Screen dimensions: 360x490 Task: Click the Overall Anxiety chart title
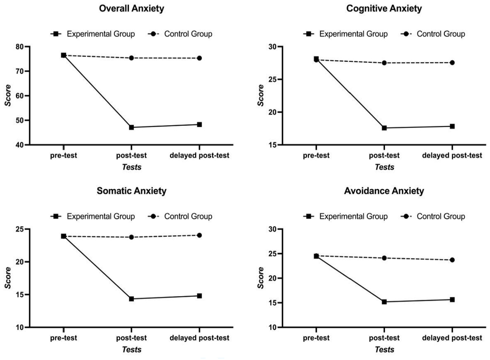point(131,8)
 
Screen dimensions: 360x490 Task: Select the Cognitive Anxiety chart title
point(384,8)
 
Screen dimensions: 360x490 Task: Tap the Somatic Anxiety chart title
point(131,191)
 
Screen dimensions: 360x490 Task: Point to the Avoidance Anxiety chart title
point(384,191)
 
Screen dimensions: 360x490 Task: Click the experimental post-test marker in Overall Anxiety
point(131,127)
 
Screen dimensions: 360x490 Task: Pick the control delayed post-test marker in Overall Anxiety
point(199,58)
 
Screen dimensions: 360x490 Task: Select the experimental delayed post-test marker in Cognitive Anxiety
point(452,126)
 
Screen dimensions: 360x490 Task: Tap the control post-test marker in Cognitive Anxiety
point(384,63)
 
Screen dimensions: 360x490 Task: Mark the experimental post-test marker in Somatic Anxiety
point(131,299)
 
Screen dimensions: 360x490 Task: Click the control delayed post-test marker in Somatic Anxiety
point(199,235)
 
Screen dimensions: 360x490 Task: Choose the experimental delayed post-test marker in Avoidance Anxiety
point(452,299)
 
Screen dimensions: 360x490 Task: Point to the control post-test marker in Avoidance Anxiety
point(384,258)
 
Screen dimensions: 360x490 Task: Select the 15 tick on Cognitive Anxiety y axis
point(273,145)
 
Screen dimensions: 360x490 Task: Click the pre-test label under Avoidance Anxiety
point(316,338)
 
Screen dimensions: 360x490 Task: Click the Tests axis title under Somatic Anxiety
point(131,350)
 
